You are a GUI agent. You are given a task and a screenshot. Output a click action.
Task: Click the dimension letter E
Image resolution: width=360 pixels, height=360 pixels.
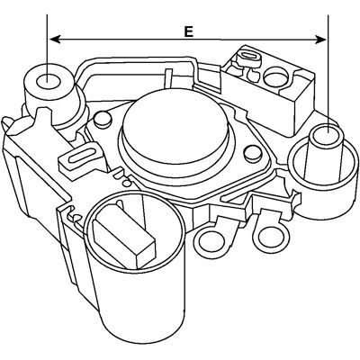coord(188,31)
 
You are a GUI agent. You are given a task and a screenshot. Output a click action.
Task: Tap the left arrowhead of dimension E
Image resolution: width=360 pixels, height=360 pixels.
coord(55,39)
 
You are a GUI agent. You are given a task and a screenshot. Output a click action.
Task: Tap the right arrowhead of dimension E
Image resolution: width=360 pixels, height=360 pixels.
coord(320,40)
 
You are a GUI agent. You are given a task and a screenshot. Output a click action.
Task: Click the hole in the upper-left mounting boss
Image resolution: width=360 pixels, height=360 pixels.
coord(47,81)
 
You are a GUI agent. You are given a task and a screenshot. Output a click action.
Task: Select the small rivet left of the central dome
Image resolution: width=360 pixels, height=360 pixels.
coord(102,118)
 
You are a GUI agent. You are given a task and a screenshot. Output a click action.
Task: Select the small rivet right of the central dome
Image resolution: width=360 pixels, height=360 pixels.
coord(252,153)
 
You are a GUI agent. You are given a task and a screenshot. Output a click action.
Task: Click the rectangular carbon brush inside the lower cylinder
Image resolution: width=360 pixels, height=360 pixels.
coord(124,236)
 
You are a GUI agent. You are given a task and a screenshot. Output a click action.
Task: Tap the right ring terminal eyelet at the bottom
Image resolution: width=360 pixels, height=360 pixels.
coord(273,236)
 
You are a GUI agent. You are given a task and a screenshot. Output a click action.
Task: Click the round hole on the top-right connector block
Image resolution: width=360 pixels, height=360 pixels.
coord(275,76)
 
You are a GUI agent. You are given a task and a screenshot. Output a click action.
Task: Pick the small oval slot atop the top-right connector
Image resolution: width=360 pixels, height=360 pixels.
coord(247,56)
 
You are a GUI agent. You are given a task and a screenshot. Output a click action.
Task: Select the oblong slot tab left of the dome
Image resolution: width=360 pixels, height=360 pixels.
coord(80,157)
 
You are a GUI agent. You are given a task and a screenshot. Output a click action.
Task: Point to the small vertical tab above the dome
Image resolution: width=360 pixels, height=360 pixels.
coord(168,78)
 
